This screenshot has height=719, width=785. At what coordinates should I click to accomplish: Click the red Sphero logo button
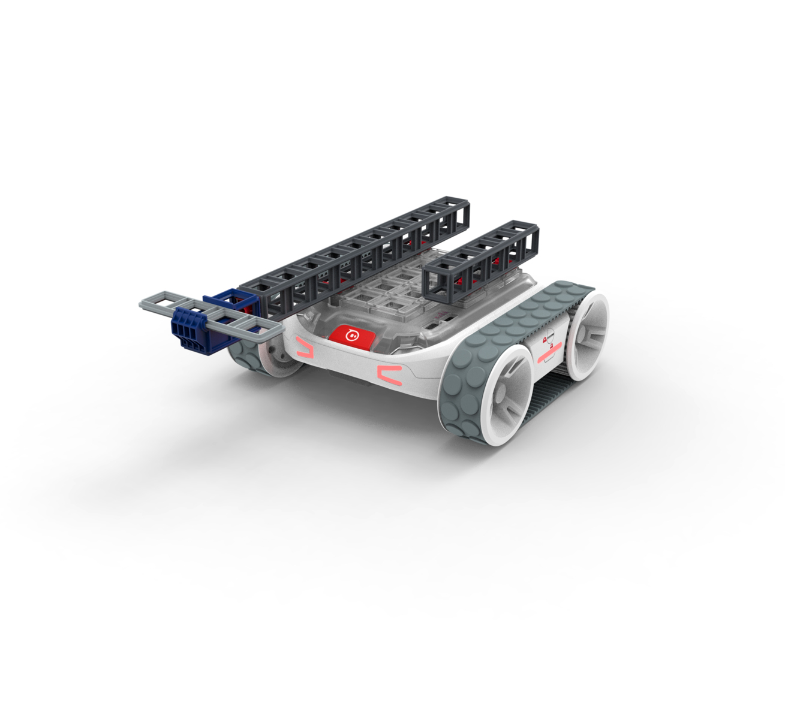(x=352, y=336)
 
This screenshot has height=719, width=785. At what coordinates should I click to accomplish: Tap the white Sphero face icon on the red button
(x=353, y=336)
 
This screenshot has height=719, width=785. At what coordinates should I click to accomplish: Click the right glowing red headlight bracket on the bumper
(x=389, y=374)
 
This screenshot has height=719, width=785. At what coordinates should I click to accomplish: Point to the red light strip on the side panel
(x=549, y=355)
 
